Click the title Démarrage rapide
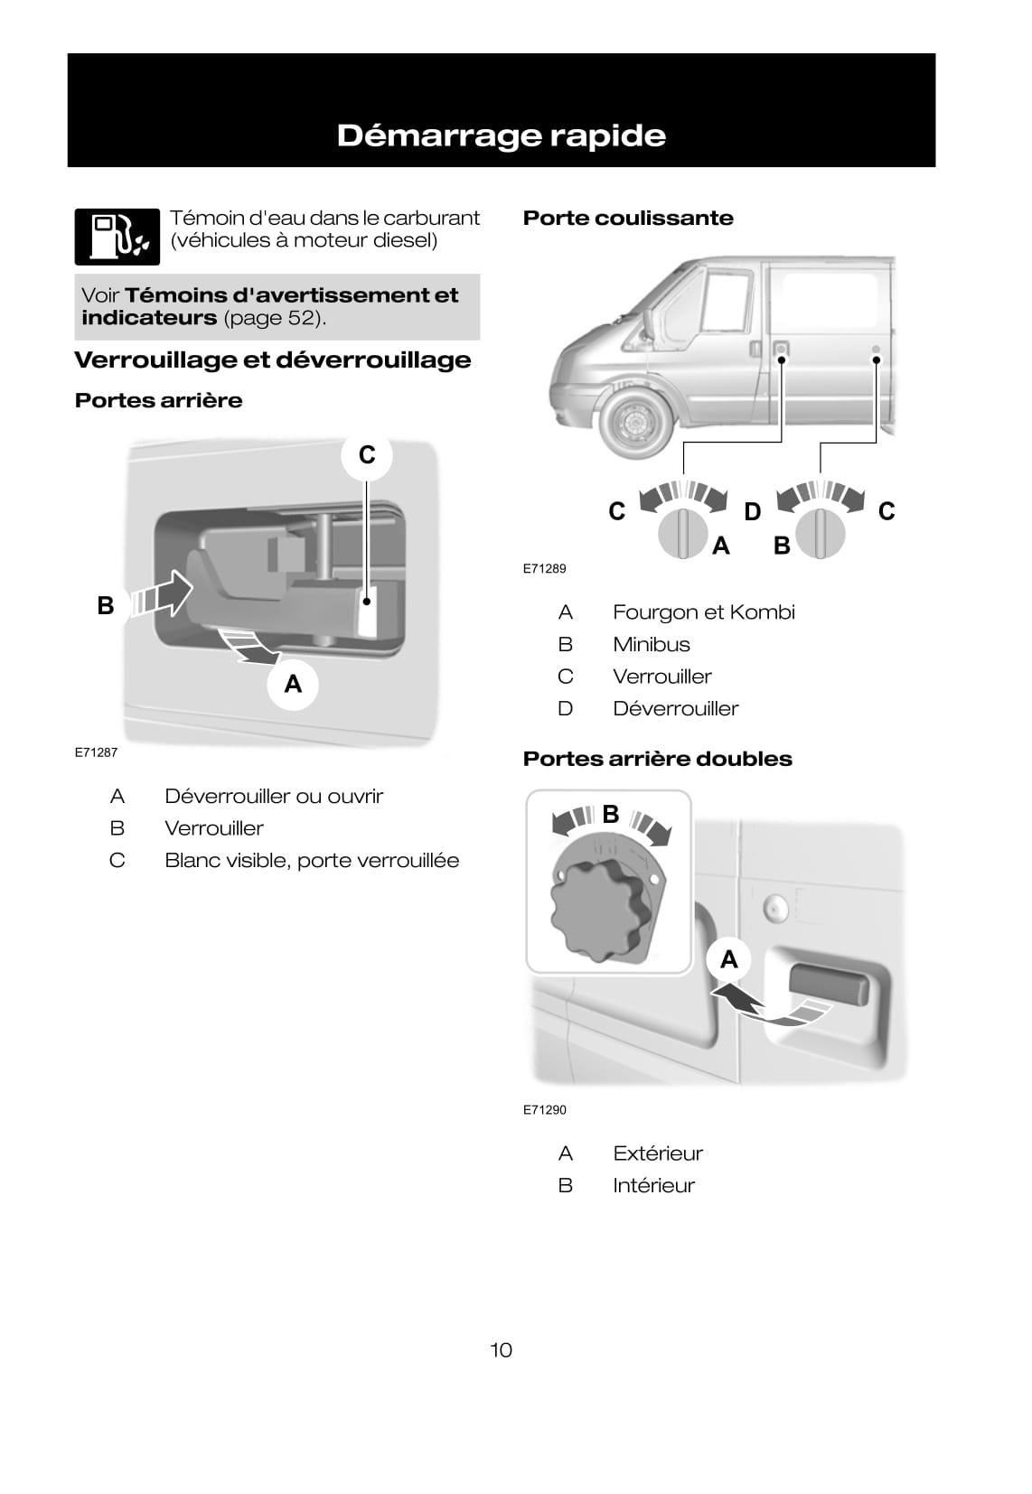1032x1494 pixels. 501,135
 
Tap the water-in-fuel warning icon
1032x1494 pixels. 117,237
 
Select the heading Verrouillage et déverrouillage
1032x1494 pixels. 272,359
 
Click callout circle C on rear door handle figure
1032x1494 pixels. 366,454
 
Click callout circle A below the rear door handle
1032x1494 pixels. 293,684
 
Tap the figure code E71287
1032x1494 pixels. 96,752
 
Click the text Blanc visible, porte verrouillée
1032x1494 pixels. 311,860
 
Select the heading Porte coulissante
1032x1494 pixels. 628,218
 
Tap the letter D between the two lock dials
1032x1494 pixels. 752,512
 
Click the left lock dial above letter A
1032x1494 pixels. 682,534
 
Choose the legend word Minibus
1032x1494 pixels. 651,644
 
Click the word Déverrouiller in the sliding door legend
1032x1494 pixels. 675,708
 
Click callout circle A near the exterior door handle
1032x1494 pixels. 728,959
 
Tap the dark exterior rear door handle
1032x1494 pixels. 829,985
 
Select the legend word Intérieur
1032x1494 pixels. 653,1185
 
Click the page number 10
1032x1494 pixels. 501,1349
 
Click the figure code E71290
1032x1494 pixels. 544,1109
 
